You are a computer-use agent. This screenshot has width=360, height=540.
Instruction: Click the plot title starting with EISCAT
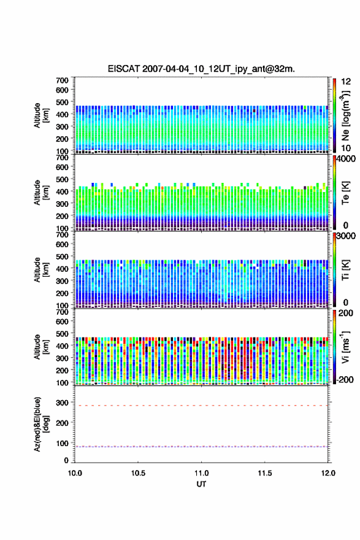(x=201, y=69)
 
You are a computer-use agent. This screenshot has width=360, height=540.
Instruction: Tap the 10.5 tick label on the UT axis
(x=138, y=473)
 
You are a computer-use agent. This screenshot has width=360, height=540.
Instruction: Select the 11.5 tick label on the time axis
(x=265, y=473)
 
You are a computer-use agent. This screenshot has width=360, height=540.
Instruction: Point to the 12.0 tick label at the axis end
(x=328, y=473)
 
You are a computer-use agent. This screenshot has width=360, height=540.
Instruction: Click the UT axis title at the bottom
(x=201, y=484)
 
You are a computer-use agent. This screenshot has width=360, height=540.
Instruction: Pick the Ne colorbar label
(x=345, y=116)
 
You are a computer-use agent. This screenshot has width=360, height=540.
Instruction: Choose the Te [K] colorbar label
(x=345, y=193)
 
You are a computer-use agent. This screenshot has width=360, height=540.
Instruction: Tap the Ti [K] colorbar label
(x=345, y=270)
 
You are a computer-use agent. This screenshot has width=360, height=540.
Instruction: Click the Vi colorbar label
(x=345, y=347)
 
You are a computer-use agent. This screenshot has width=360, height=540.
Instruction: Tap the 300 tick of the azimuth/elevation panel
(x=63, y=403)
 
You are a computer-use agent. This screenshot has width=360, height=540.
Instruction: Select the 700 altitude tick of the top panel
(x=63, y=80)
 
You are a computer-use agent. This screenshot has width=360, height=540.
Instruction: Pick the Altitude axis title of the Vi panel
(x=40, y=347)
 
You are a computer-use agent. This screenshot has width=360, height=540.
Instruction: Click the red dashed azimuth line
(x=201, y=406)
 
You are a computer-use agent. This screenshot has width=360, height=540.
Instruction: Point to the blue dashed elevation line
(x=201, y=447)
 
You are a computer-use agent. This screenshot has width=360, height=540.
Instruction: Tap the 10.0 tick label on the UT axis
(x=75, y=473)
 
